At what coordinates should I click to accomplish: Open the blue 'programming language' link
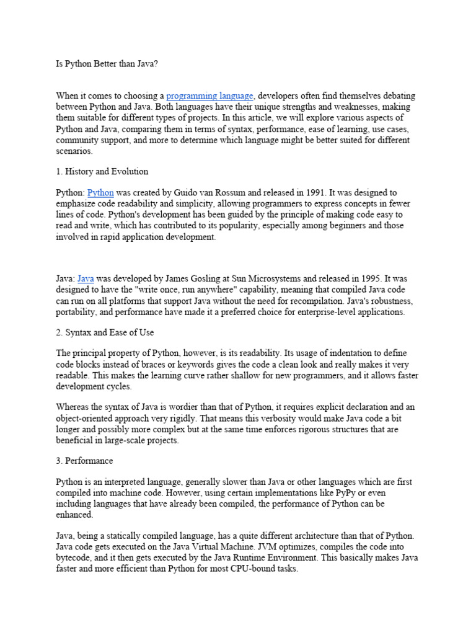(x=209, y=95)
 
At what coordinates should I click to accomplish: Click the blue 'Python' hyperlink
(x=100, y=193)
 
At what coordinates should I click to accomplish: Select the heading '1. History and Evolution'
(x=102, y=171)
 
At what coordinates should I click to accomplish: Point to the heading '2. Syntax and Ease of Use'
(x=105, y=332)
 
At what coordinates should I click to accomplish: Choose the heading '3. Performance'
(x=84, y=461)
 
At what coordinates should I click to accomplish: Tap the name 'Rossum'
(x=218, y=193)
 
